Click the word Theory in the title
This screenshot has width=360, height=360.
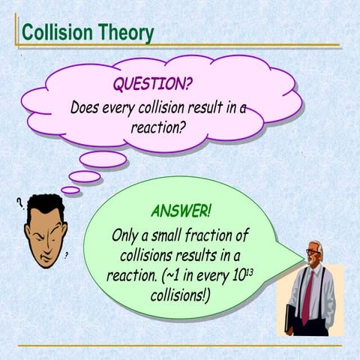(127, 33)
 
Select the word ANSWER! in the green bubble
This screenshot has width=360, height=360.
(181, 209)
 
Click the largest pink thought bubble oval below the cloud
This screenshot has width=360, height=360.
(103, 159)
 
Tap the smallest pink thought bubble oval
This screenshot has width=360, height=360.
(70, 190)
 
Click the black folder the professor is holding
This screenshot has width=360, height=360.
(291, 318)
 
